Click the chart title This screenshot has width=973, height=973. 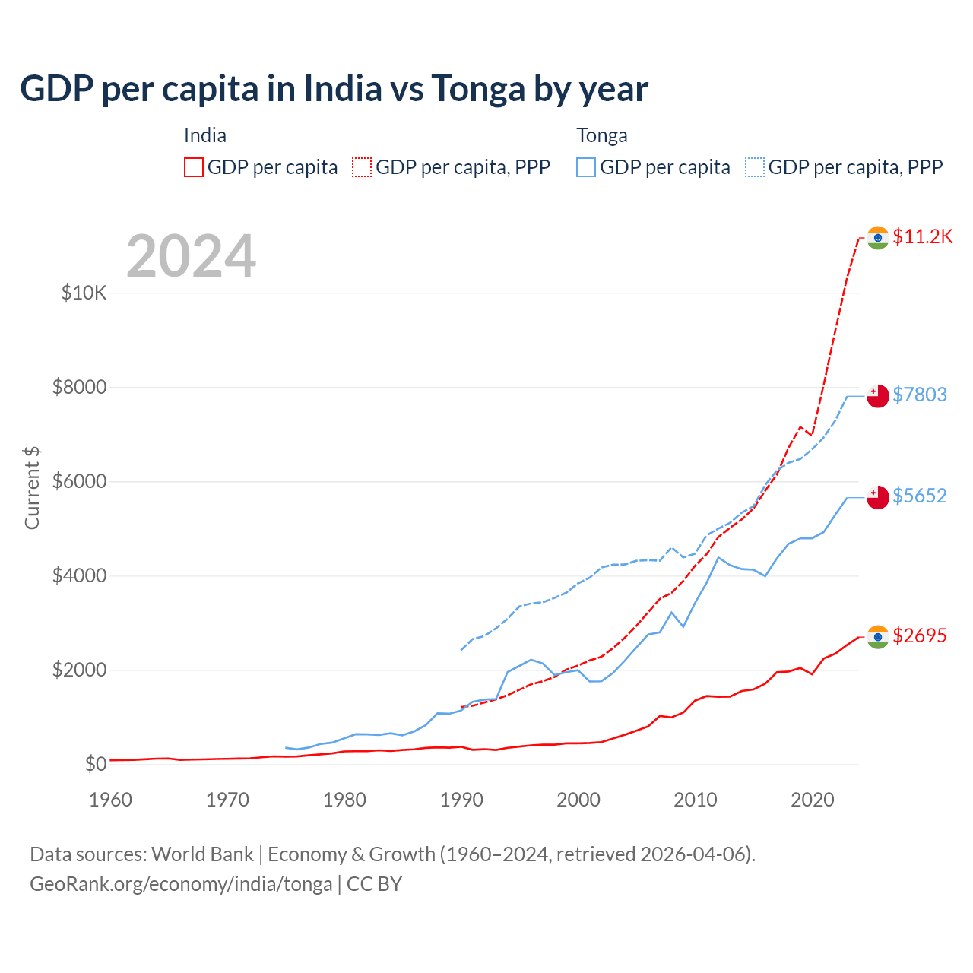tap(334, 89)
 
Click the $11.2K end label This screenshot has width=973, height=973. tap(922, 236)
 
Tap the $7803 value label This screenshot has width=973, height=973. tap(919, 395)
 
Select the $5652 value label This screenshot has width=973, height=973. tap(919, 496)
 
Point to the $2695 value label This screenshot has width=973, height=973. tap(919, 635)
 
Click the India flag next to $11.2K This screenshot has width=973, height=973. tap(878, 238)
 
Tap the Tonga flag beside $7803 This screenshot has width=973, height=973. tap(878, 396)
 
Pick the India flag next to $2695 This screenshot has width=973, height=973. tap(878, 637)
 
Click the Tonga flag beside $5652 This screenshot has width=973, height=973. tap(878, 497)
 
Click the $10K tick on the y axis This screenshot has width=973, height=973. tap(84, 293)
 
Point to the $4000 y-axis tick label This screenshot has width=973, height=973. tap(79, 575)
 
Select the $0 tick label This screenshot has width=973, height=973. tap(96, 764)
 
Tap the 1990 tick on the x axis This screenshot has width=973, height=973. tap(461, 800)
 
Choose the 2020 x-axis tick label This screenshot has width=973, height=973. tap(813, 800)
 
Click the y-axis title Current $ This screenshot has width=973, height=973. tap(32, 488)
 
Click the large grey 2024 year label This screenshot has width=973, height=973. tap(191, 256)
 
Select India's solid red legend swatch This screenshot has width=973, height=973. tap(194, 167)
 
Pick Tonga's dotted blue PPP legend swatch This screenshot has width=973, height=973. tap(755, 167)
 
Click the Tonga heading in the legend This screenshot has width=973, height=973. tap(602, 135)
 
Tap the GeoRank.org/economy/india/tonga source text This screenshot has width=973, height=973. tap(181, 884)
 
